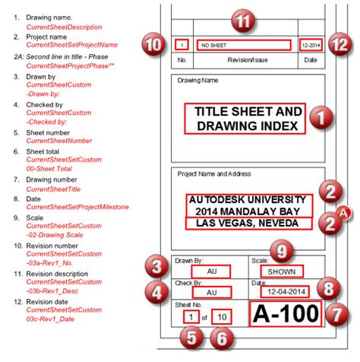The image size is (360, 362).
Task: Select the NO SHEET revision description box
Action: pos(243,45)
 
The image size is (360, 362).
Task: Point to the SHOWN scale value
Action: pos(281,271)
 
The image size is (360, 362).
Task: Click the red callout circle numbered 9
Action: pos(280,249)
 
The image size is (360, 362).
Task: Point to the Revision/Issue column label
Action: pos(243,59)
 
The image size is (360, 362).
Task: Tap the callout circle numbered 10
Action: pos(153,45)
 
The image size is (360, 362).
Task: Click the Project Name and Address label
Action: pos(214,174)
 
